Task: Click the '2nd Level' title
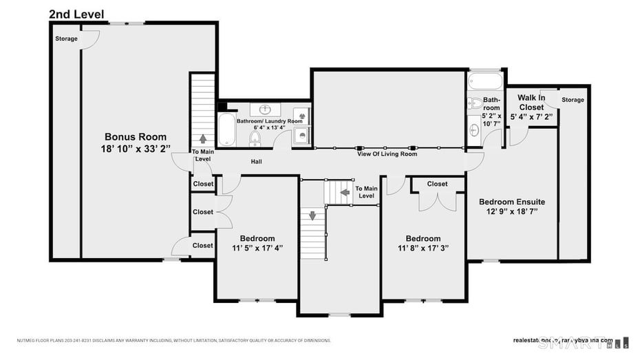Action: click(76, 14)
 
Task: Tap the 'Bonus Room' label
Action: click(136, 137)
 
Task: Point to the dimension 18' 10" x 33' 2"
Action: click(136, 149)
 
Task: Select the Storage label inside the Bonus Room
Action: click(66, 39)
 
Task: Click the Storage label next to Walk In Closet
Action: click(573, 100)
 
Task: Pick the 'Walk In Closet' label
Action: click(531, 103)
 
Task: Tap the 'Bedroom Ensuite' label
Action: click(512, 202)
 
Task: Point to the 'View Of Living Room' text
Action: click(387, 154)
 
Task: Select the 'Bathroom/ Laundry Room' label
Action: click(270, 121)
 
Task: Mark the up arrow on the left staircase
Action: click(203, 138)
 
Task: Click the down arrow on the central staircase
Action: click(312, 215)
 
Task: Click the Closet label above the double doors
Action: click(437, 184)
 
